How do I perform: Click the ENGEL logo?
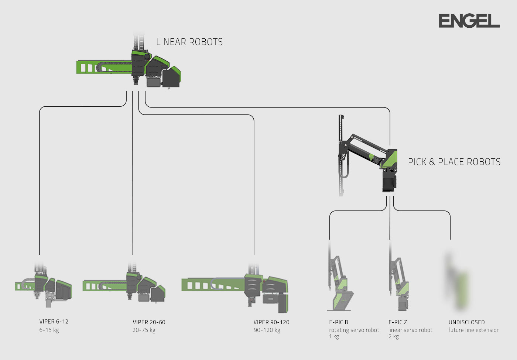pos(469,21)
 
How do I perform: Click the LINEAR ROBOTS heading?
pos(189,42)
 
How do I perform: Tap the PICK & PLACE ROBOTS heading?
pos(454,162)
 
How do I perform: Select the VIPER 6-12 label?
pos(54,322)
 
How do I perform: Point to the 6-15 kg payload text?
pos(49,330)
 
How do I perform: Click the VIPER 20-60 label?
pos(149,322)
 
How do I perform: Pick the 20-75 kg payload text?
pos(144,330)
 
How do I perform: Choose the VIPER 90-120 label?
pos(271,322)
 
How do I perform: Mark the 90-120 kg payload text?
pos(267,330)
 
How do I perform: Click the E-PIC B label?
pos(339,322)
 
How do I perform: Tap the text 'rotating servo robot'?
pos(354,330)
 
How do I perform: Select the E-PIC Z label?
pos(398,322)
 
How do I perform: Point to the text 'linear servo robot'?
pos(410,330)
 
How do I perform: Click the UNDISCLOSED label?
pos(466,322)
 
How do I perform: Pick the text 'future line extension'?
pos(474,330)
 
